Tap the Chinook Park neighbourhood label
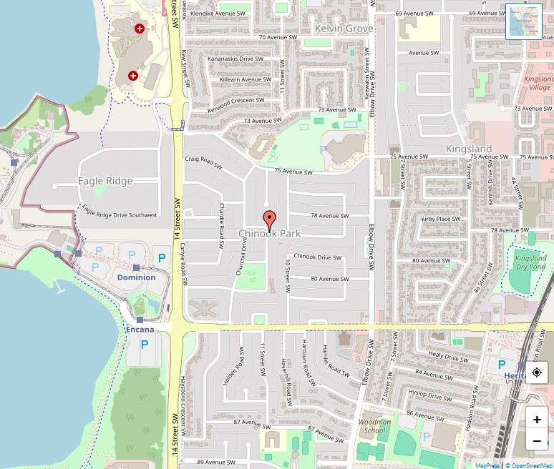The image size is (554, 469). pyautogui.click(x=269, y=234)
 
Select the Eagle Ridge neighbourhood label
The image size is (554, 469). pyautogui.click(x=105, y=181)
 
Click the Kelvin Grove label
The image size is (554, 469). pyautogui.click(x=344, y=29)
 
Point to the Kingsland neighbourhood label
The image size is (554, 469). pyautogui.click(x=469, y=149)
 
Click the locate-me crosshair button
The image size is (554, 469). pyautogui.click(x=537, y=373)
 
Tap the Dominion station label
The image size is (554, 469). pyautogui.click(x=136, y=277)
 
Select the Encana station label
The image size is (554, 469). pyautogui.click(x=140, y=330)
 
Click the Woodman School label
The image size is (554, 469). pyautogui.click(x=374, y=426)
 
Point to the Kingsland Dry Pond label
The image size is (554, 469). pyautogui.click(x=530, y=262)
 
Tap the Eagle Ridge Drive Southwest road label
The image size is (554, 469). pyautogui.click(x=119, y=212)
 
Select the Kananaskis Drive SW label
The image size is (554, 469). pyautogui.click(x=236, y=59)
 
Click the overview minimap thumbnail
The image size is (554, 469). pyautogui.click(x=524, y=21)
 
